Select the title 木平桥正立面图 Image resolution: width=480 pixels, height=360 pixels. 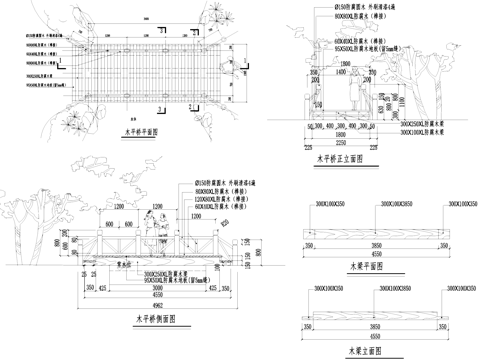click(338, 157)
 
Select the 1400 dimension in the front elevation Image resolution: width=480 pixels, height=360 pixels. click(341, 72)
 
